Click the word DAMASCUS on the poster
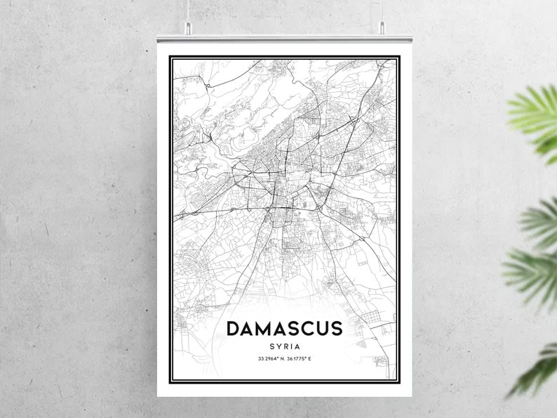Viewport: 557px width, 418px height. pos(284,329)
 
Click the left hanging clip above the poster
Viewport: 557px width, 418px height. pos(188,27)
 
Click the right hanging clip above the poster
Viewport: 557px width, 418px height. pos(382,27)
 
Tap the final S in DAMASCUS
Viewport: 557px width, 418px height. pos(335,329)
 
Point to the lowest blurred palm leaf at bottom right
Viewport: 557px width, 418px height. pos(537,369)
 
